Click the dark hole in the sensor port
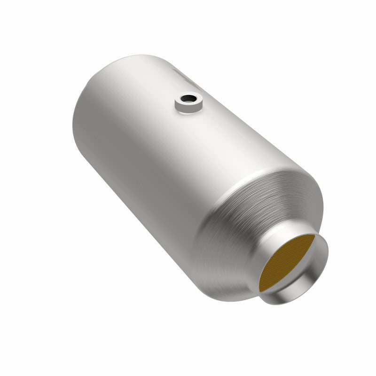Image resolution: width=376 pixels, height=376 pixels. point(189,100)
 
